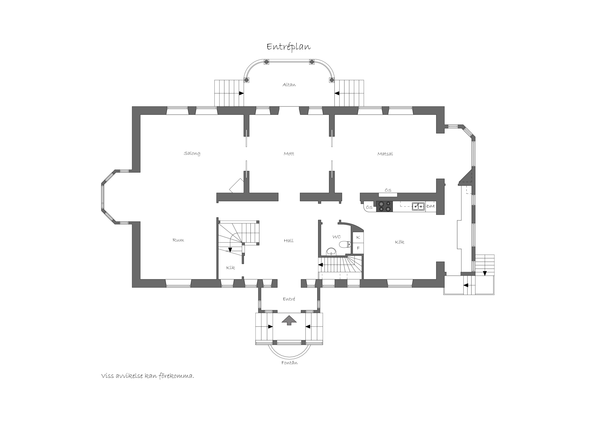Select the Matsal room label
(x=385, y=154)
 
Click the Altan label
(x=289, y=85)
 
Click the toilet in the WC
(x=345, y=244)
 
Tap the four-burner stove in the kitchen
(x=384, y=206)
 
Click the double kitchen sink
(x=418, y=206)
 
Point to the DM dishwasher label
(x=430, y=206)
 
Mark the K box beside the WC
(x=358, y=237)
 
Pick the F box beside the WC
(x=358, y=248)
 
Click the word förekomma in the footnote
(x=176, y=376)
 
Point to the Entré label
(x=289, y=299)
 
